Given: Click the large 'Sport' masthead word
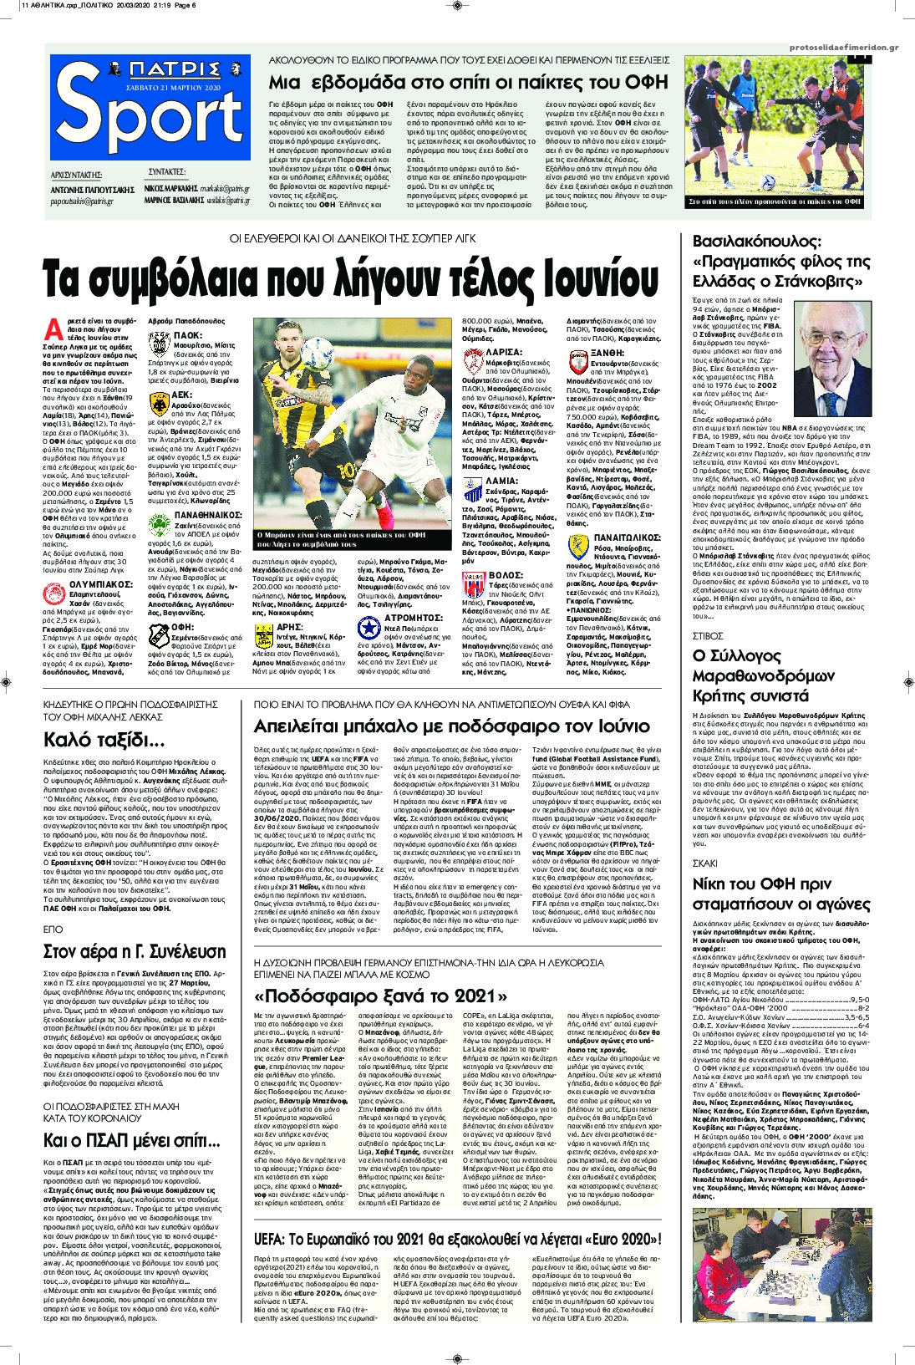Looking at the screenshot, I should (x=150, y=117).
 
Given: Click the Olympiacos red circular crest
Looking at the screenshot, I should (x=54, y=594).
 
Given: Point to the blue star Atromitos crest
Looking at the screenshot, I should (x=369, y=627).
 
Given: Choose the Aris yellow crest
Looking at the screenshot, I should (x=264, y=637).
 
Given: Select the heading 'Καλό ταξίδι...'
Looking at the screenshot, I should (x=104, y=740).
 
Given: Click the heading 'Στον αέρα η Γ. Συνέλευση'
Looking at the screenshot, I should (x=135, y=951).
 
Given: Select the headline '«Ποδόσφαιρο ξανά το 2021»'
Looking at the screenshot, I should (x=380, y=996).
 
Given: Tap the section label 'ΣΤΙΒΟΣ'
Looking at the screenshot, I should (x=708, y=637).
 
